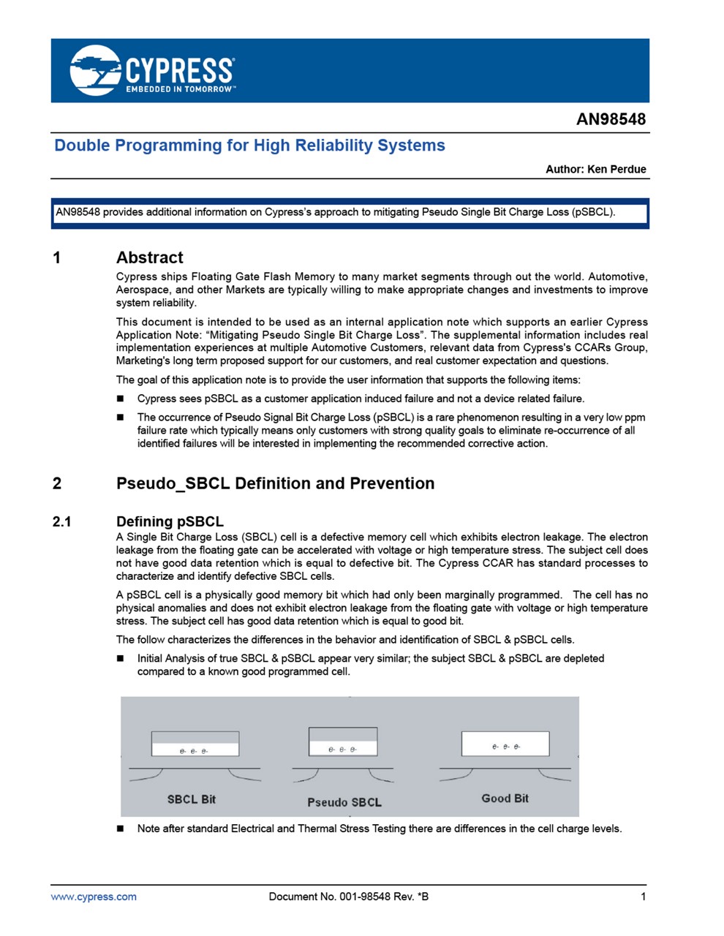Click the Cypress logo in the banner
coord(152,70)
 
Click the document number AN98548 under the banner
coord(611,119)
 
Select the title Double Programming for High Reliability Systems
coord(249,146)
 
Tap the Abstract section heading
coord(149,257)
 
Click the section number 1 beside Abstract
coord(57,257)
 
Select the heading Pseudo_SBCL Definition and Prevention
coord(275,483)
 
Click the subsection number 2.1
coord(62,521)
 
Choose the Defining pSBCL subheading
coord(170,521)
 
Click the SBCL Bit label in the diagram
coord(191,799)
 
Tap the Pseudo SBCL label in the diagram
coord(344,802)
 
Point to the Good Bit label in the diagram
coord(505,799)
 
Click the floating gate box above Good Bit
coord(505,744)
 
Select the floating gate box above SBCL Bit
coord(195,744)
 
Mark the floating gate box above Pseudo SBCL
coord(343,741)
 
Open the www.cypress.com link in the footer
coord(94,897)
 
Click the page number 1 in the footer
coord(644,897)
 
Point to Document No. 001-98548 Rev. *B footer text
coord(348,897)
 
